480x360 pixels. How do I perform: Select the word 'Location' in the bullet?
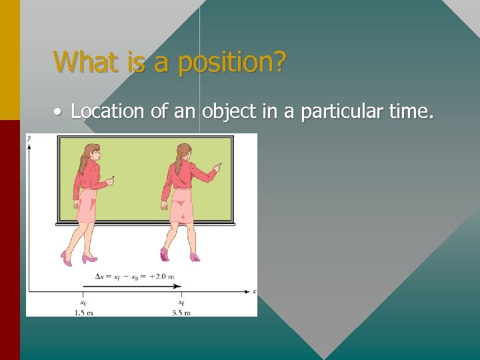107,111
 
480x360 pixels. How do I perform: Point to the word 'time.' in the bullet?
411,111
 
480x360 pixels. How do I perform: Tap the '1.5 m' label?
83,311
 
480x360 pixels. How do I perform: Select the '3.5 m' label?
181,311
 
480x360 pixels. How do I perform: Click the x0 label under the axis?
83,302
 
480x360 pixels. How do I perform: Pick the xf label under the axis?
181,302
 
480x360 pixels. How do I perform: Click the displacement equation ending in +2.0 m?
134,277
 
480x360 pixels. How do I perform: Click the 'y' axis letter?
29,137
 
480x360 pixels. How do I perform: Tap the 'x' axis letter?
253,291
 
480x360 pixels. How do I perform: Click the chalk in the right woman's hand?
219,163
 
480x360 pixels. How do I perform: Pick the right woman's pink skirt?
181,206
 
